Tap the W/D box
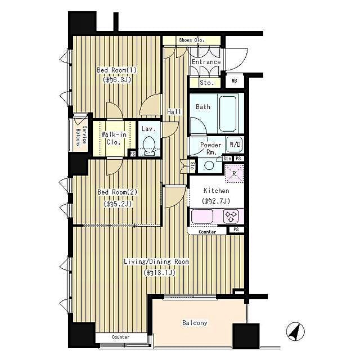pos(235,144)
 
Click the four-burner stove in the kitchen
pos(231,215)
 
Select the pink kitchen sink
pos(201,215)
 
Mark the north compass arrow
pos(293,332)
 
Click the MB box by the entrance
pos(235,81)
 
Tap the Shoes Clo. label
pos(191,40)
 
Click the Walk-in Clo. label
pos(113,138)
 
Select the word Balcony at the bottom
pos(195,323)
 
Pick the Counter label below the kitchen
pos(207,231)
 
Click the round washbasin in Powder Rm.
pos(209,165)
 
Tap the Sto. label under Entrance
pos(206,83)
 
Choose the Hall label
pos(174,112)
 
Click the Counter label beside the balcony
pos(120,337)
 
